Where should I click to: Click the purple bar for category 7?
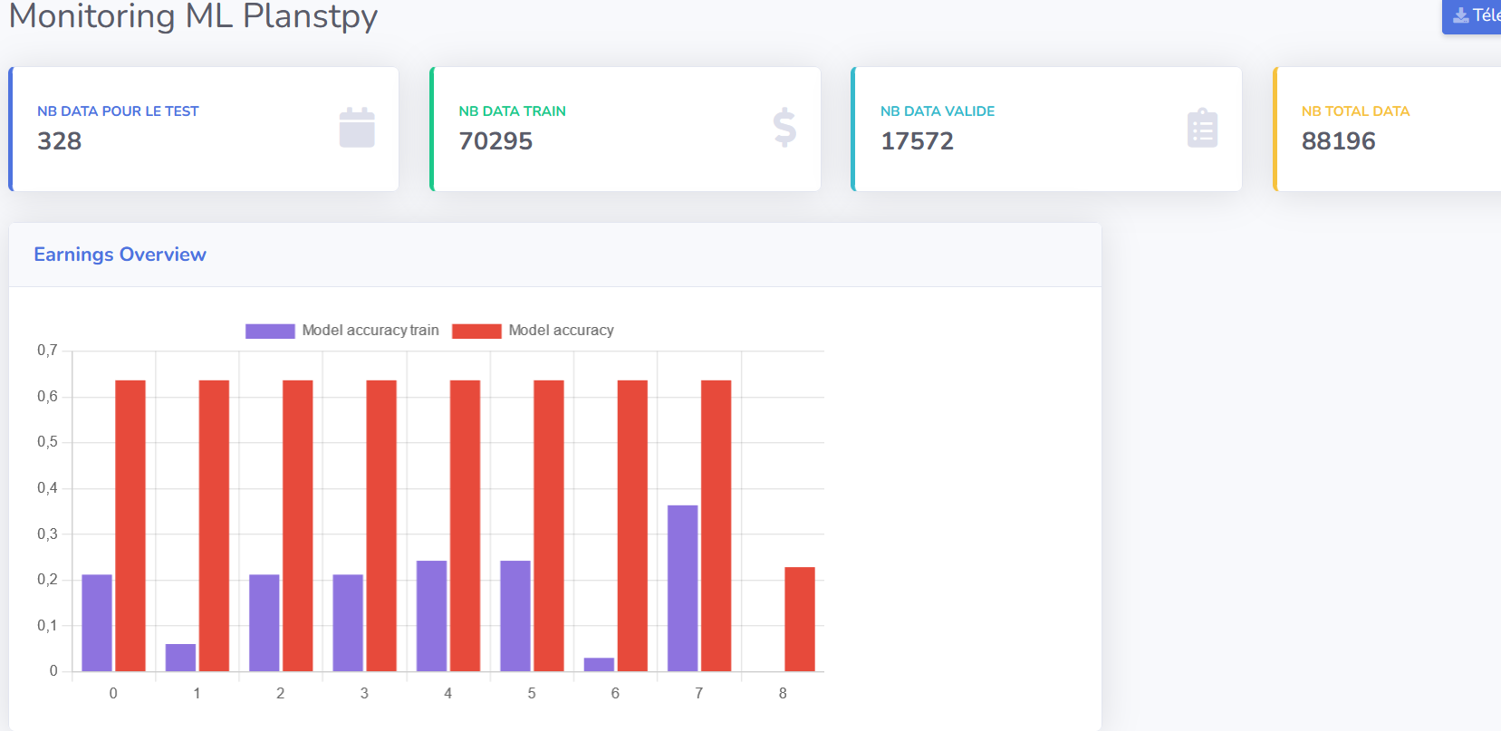(x=682, y=588)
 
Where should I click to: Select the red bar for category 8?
(x=799, y=619)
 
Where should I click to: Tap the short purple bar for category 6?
(x=599, y=664)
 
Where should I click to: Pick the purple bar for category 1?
(x=180, y=658)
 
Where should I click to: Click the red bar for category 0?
(x=130, y=525)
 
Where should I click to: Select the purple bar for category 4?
(x=431, y=616)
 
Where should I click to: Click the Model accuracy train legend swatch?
(x=270, y=331)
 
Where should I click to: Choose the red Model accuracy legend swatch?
(x=476, y=331)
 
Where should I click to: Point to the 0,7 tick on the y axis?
(x=47, y=351)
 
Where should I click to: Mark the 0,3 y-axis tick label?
(x=47, y=534)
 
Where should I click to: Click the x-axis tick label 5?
(x=532, y=693)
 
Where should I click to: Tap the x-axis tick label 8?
(x=783, y=693)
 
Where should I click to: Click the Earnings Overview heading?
(x=120, y=255)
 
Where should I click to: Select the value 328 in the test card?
(x=60, y=141)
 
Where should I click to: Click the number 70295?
(x=496, y=141)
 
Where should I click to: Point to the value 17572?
(x=917, y=141)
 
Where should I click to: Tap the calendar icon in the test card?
(x=357, y=128)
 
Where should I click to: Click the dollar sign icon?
(x=784, y=128)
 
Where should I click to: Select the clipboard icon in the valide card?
(x=1202, y=128)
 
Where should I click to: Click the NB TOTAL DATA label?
(x=1355, y=111)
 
